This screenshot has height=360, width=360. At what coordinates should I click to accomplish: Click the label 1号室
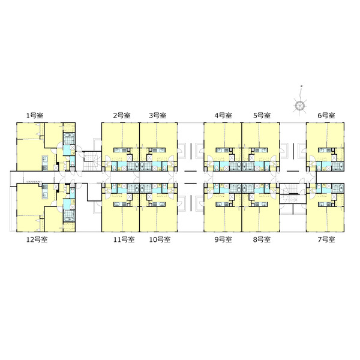[x=35, y=115]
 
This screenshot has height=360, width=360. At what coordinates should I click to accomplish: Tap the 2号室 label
[x=122, y=115]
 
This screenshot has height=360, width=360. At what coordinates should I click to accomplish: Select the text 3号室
[x=157, y=115]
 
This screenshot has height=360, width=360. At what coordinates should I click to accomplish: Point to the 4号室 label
[x=223, y=115]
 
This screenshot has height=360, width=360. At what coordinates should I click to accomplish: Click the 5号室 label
[x=262, y=115]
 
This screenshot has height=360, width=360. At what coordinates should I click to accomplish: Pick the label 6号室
[x=326, y=115]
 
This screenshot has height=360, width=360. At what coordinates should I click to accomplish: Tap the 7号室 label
[x=326, y=239]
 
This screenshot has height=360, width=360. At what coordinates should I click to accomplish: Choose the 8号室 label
[x=262, y=239]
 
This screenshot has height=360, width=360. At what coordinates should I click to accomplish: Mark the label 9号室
[x=223, y=239]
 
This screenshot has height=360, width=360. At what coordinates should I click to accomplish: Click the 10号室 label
[x=160, y=239]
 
